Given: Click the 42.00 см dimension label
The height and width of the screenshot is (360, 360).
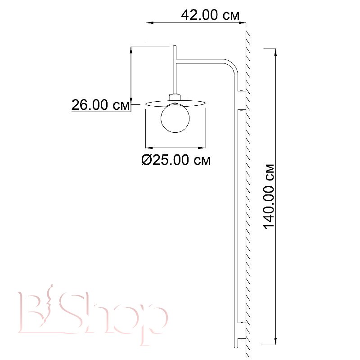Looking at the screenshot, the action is (x=210, y=15).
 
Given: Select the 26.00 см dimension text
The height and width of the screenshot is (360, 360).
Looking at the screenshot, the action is (x=100, y=105).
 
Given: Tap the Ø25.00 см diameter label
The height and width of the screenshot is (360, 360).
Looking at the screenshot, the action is (x=176, y=160).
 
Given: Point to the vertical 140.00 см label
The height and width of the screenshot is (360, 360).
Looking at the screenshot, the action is (x=269, y=197).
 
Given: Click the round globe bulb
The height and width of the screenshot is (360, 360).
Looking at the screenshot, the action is (x=175, y=118).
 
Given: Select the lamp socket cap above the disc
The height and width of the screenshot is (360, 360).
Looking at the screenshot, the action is (x=175, y=96).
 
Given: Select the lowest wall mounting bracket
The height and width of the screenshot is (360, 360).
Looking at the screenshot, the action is (x=242, y=339).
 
